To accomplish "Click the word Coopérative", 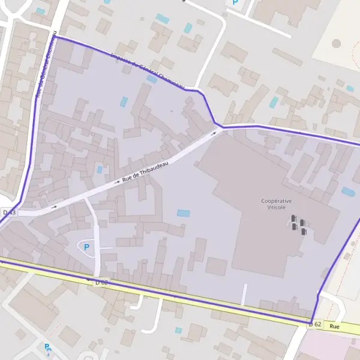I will tap(277, 201).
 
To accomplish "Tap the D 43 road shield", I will tap(9, 212).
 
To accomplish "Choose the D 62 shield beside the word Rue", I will tap(316, 324).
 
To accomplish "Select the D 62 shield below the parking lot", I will tap(101, 281).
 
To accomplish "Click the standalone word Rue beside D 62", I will tap(334, 326).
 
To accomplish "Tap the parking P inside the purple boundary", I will tap(86, 247).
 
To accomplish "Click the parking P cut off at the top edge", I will tap(235, 2).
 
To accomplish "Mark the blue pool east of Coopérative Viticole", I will tap(348, 191).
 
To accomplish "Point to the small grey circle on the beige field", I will tap(336, 43).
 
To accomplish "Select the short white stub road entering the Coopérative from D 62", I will tap(244, 294).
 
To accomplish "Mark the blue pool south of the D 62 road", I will tap(178, 330).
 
